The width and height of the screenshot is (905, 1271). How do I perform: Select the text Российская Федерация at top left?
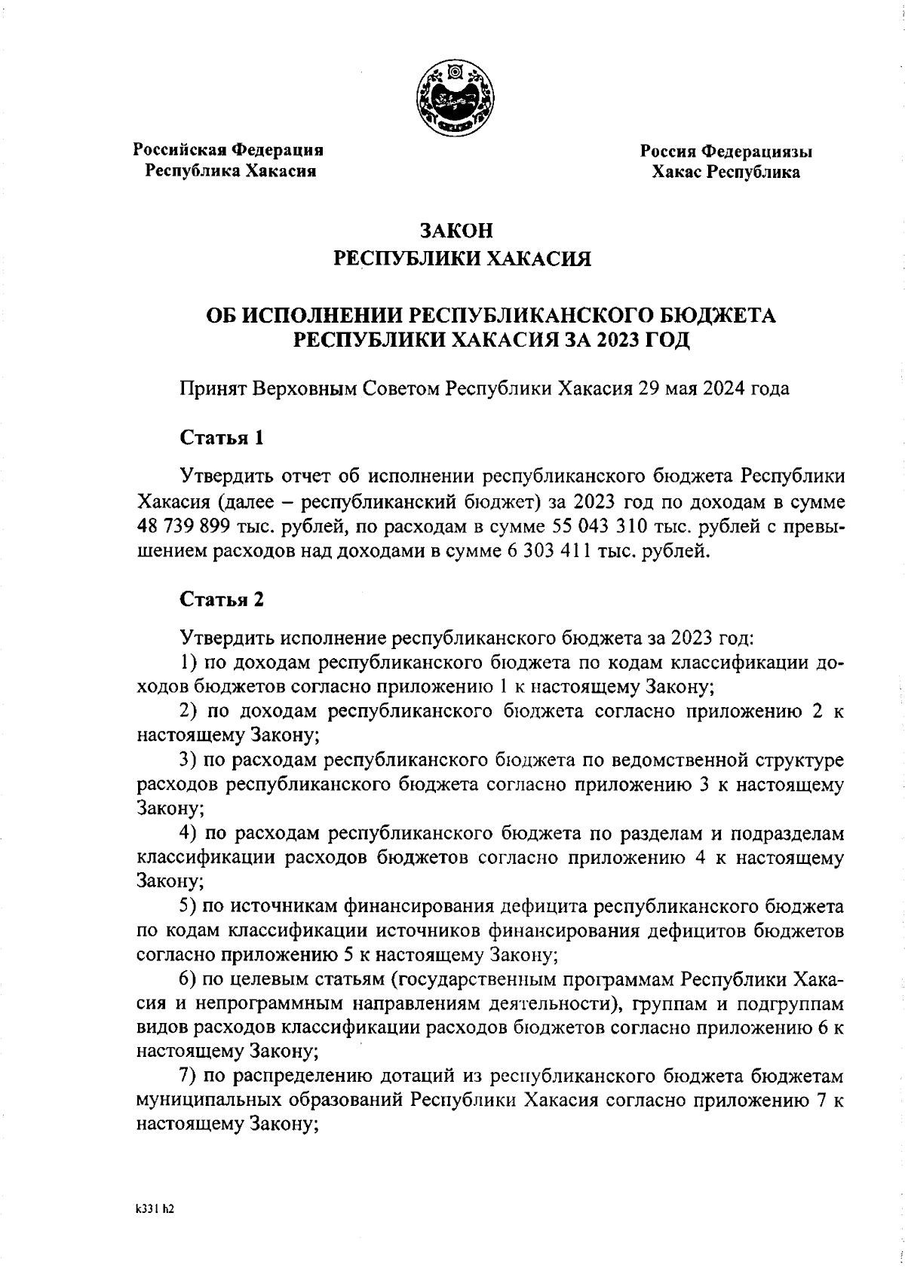229,150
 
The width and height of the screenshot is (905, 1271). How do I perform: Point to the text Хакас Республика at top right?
726,173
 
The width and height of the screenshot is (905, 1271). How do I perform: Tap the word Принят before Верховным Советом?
213,389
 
